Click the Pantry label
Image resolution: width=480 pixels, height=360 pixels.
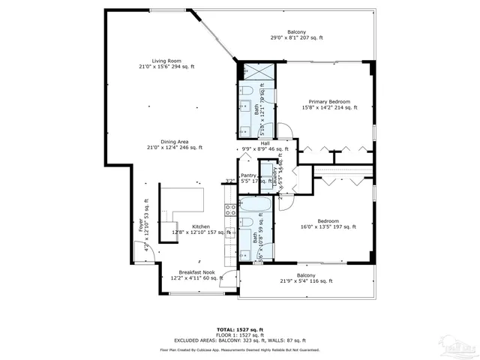point(249,175)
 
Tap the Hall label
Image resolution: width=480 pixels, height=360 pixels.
point(265,144)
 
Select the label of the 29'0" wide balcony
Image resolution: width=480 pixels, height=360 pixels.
point(296,34)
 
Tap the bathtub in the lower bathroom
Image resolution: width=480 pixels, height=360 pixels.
point(256,205)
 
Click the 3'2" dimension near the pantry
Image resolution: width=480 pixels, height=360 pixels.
point(229,181)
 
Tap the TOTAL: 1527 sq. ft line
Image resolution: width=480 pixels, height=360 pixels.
point(239,329)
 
